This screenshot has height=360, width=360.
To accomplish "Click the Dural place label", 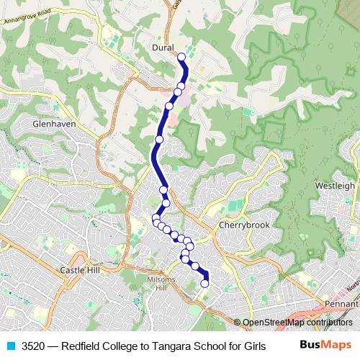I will [164, 48].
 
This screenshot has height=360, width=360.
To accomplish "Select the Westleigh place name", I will [335, 185].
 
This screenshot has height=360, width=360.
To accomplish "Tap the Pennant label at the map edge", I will [341, 305].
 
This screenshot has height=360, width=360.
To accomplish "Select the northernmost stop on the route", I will [181, 56].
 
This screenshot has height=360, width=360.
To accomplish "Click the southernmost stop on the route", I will [204, 284].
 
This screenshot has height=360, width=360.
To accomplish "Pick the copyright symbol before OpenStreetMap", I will [238, 322].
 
